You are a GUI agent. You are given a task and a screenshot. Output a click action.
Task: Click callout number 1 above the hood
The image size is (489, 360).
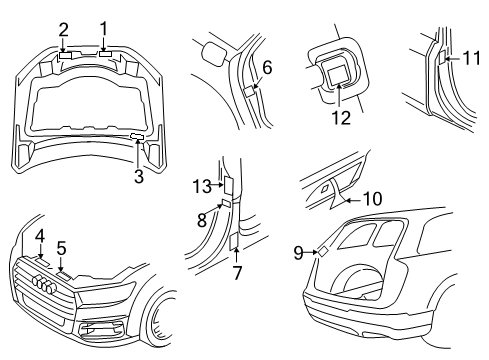pyautogui.click(x=104, y=29)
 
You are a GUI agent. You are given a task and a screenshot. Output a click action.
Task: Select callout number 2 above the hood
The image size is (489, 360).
pyautogui.click(x=63, y=30)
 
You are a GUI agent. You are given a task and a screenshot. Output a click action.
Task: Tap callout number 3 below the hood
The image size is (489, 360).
pyautogui.click(x=139, y=176)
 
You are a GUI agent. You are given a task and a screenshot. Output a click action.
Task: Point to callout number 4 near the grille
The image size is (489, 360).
pyautogui.click(x=40, y=236)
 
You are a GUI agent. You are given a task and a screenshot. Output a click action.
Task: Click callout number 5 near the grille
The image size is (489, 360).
pyautogui.click(x=61, y=248)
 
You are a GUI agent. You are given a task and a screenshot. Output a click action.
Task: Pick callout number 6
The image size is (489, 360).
pyautogui.click(x=267, y=68)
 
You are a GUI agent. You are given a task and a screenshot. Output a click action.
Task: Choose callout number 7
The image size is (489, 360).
pyautogui.click(x=237, y=273)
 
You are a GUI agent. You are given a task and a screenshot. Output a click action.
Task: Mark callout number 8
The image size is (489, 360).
pyautogui.click(x=202, y=220)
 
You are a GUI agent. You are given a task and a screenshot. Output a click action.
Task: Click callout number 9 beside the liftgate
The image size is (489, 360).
pyautogui.click(x=298, y=253)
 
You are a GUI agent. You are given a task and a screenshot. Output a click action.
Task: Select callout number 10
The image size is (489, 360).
pyautogui.click(x=372, y=199)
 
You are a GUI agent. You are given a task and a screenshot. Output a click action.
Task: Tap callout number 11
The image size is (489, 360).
pyautogui.click(x=472, y=58)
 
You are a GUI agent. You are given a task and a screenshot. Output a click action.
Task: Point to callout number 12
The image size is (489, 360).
pyautogui.click(x=341, y=117)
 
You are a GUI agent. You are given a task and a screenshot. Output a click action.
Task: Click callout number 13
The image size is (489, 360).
pyautogui.click(x=202, y=186)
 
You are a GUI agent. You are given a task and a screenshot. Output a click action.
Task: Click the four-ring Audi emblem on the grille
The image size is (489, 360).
pyautogui.click(x=44, y=284)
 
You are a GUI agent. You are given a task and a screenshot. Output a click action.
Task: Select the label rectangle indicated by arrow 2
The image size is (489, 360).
pyautogui.click(x=66, y=55)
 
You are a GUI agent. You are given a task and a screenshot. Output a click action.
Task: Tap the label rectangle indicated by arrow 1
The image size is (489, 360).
pyautogui.click(x=105, y=54)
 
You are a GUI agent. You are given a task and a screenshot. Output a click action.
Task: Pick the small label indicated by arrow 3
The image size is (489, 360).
pyautogui.click(x=137, y=136)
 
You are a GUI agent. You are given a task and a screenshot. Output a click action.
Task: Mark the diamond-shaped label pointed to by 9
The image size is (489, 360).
pyautogui.click(x=323, y=251)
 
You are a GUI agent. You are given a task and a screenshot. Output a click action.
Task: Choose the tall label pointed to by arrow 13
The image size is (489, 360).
pyautogui.click(x=228, y=185)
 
